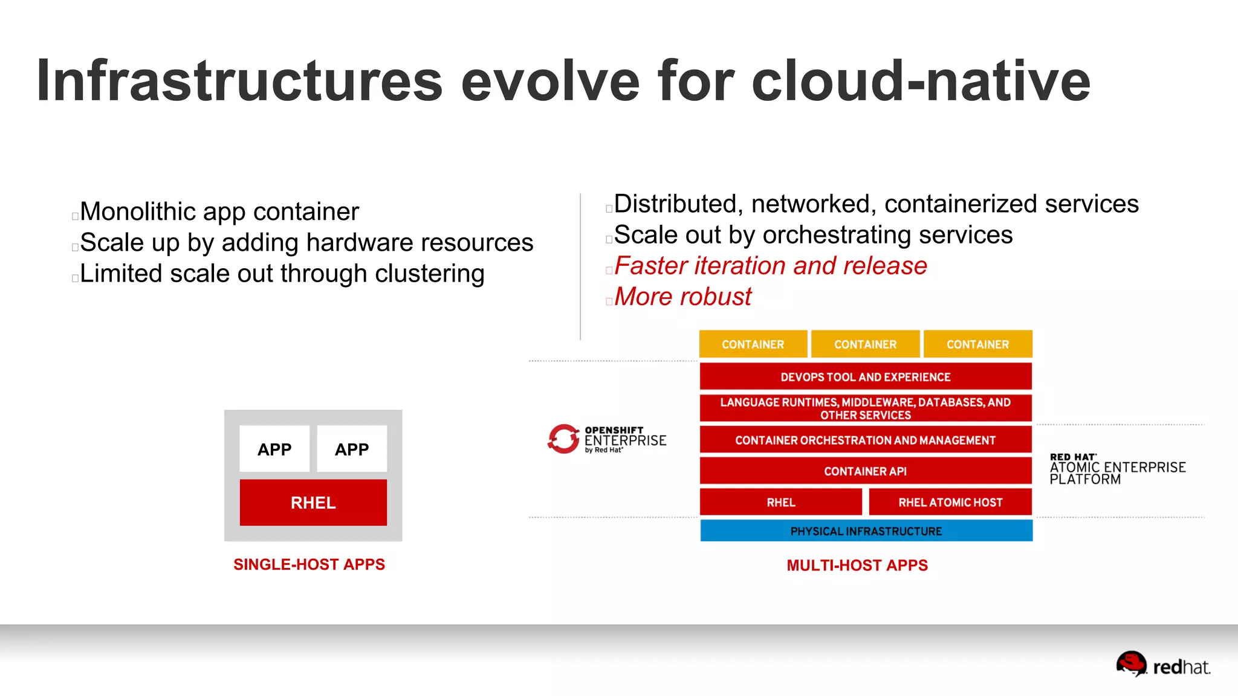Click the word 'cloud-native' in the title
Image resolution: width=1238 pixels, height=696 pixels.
coord(921,82)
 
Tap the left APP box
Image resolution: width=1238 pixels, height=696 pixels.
coord(274,449)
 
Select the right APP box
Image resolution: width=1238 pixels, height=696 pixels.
coord(352,449)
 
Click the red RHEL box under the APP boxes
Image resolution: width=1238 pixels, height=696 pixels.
coord(313,502)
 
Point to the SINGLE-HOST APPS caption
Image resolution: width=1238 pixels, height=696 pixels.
coord(309,564)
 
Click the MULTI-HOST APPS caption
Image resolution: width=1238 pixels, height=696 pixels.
coord(857,565)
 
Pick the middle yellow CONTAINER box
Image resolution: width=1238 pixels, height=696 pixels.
coord(865,344)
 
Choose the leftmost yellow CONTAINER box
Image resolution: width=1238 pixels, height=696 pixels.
coord(753,344)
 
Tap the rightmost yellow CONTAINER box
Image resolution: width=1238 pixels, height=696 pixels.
coord(977,344)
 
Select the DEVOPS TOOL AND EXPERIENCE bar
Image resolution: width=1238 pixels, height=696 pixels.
coord(865,377)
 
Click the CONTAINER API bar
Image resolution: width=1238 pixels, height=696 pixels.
coord(865,471)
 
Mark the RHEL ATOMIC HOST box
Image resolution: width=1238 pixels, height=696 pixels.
coord(950,502)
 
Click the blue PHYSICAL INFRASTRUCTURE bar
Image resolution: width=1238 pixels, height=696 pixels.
coord(866,531)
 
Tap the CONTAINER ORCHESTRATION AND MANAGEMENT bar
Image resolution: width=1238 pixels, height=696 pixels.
coord(865,440)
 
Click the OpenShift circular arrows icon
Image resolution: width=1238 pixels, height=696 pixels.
coord(563,439)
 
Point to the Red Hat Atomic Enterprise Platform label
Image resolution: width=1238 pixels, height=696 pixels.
coord(1117,469)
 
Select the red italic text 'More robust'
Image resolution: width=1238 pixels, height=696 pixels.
coord(682,297)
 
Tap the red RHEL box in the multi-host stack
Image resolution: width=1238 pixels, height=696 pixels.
coord(780,502)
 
